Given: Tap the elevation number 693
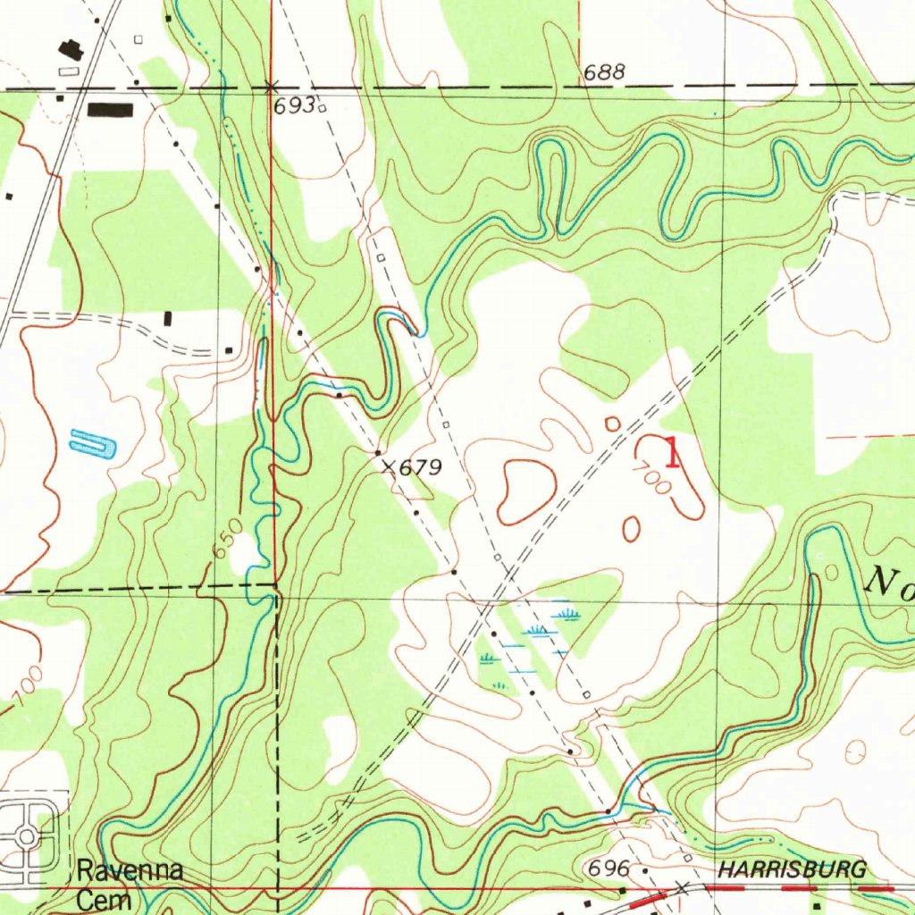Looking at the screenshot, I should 294,105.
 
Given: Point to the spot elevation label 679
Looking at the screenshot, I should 420,467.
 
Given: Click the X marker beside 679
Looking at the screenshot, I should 388,466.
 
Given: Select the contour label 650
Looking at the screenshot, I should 227,539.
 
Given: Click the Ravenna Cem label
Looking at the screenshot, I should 129,884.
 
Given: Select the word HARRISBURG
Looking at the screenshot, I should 792,869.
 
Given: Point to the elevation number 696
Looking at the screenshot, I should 607,869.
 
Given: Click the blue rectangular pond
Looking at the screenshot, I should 94,442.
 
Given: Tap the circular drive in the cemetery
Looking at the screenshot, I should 27,836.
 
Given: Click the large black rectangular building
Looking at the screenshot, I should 110,110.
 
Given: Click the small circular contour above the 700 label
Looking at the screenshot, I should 612,423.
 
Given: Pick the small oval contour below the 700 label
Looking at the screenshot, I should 631,528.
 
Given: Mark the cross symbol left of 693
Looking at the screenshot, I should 271,87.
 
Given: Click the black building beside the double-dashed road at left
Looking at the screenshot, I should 169,318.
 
